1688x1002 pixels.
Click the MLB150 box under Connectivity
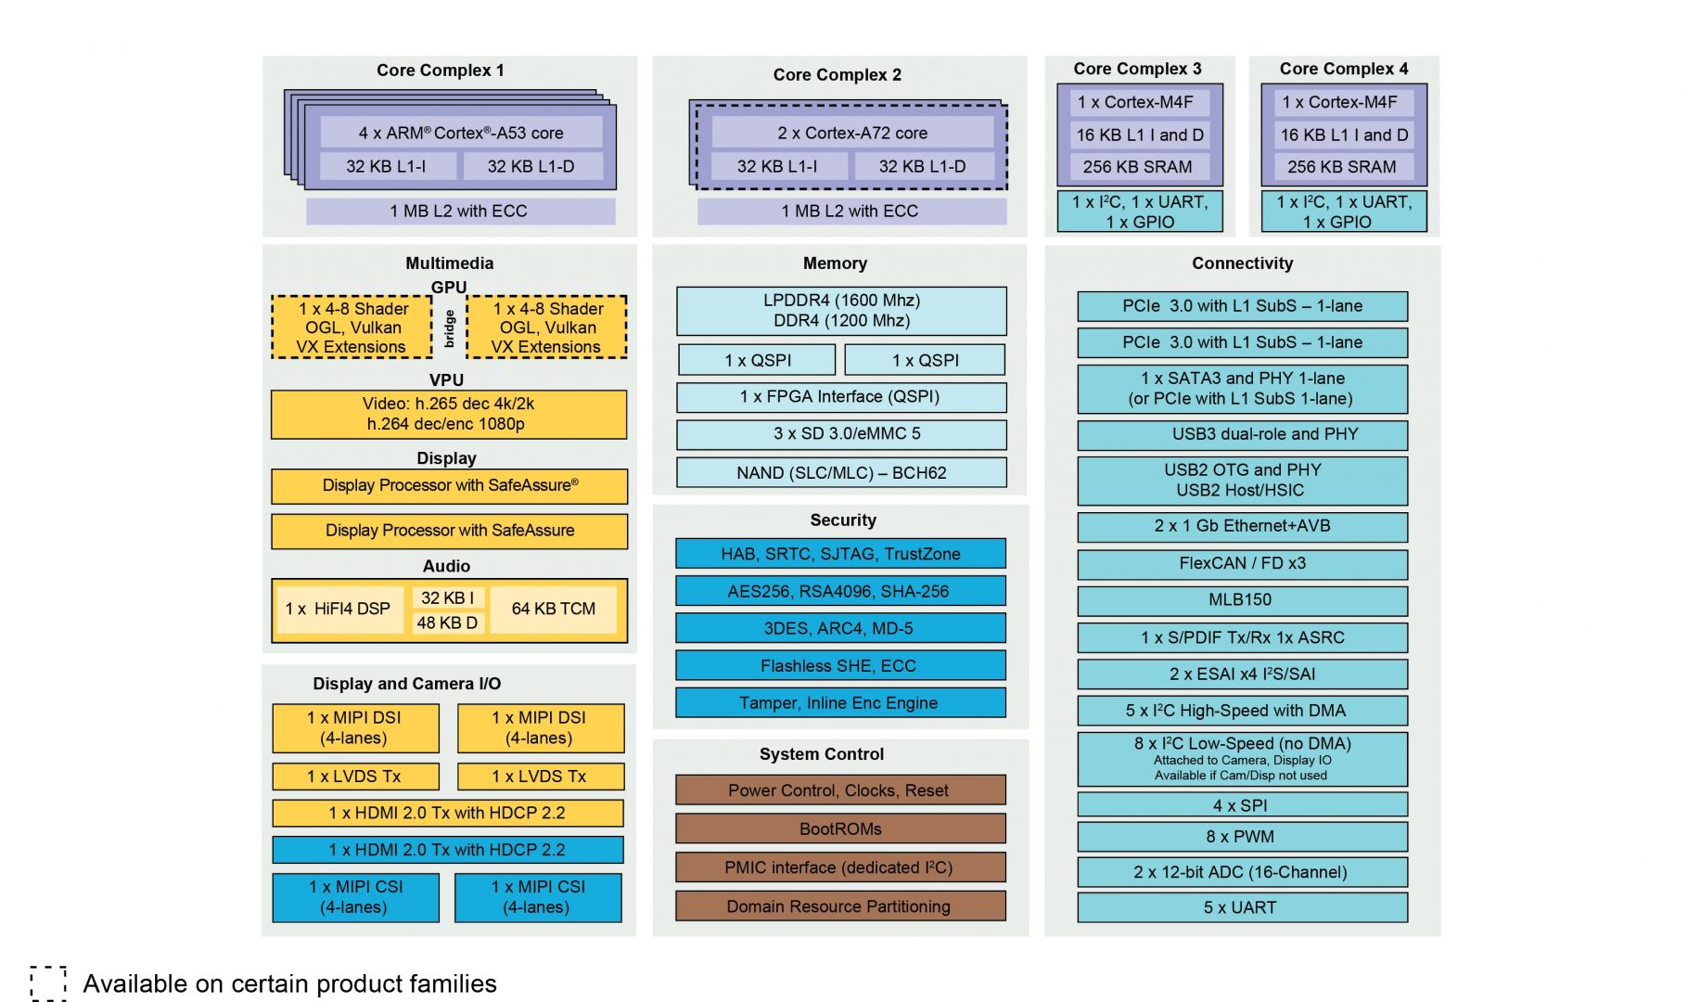[1242, 600]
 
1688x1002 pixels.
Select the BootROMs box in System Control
[840, 829]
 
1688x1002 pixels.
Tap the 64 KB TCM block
[554, 609]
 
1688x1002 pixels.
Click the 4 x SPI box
[1242, 805]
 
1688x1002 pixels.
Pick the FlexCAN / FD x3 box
[1242, 563]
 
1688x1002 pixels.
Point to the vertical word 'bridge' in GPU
[450, 328]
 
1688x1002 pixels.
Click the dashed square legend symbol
[47, 983]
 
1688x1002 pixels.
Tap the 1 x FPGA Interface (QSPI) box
[840, 397]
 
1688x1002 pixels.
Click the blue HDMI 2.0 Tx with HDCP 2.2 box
[447, 850]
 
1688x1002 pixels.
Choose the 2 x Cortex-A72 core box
[851, 133]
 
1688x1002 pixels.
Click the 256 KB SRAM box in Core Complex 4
[1342, 167]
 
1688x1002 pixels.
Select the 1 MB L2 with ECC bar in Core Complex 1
[460, 212]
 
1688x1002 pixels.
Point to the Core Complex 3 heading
[1137, 69]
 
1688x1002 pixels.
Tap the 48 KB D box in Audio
[447, 623]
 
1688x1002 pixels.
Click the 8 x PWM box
[1242, 837]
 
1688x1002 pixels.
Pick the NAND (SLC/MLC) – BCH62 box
[840, 473]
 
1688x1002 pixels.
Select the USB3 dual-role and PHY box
[1242, 434]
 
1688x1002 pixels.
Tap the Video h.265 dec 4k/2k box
[448, 414]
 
